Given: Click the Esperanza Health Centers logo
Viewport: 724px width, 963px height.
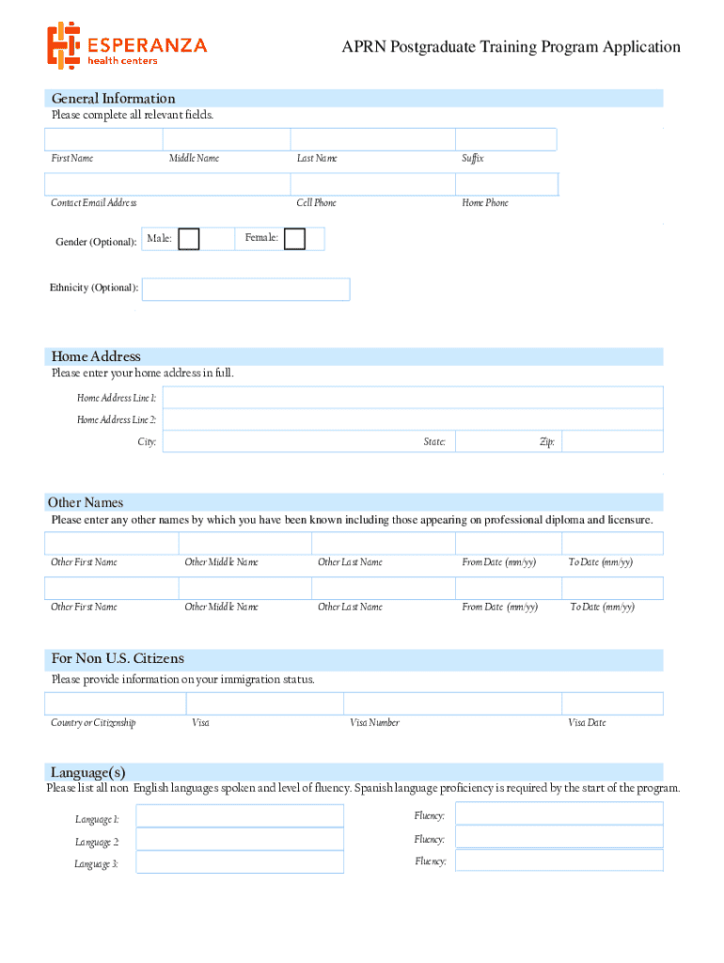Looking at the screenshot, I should (x=127, y=45).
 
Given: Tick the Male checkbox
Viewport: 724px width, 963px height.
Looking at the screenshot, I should (x=189, y=239).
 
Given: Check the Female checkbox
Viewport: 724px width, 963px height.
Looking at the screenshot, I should (x=294, y=239).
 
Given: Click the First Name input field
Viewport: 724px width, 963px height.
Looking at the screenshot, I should (x=103, y=139).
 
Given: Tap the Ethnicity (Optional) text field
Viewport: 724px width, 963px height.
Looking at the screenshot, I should (x=245, y=289).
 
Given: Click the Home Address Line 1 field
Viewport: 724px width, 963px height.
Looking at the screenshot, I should (x=413, y=398).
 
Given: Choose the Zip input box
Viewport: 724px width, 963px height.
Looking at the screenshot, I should (x=612, y=441).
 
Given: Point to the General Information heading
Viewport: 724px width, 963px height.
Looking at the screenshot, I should (x=113, y=99).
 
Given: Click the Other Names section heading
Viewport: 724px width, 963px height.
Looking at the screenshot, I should (x=86, y=502).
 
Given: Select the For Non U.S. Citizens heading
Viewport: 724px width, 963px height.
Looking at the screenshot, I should (x=118, y=658).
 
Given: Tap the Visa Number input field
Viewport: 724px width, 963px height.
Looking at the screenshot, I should (x=452, y=703).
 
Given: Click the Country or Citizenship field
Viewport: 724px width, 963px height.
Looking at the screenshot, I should (x=115, y=703).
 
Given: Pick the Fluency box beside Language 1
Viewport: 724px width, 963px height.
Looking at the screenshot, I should (x=559, y=813).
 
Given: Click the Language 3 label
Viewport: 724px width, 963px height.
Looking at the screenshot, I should (x=97, y=864).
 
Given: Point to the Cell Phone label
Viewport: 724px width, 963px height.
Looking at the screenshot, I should (x=316, y=203).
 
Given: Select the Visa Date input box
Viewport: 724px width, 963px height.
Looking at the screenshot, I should (x=612, y=703).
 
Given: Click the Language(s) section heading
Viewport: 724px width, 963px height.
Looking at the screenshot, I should (x=88, y=772).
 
